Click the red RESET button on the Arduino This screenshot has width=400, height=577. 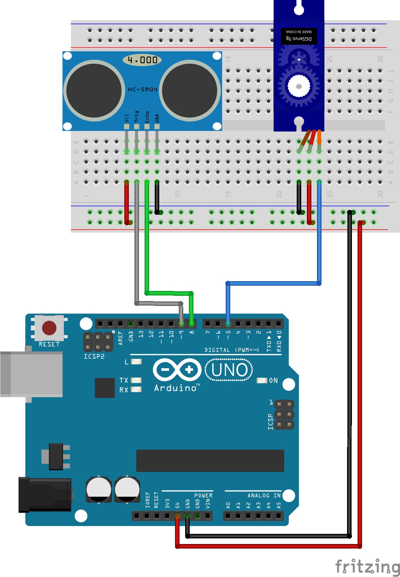click(x=49, y=328)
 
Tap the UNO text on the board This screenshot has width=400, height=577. click(x=229, y=370)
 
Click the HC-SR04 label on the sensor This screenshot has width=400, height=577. click(x=142, y=90)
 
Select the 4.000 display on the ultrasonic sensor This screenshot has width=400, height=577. click(x=142, y=60)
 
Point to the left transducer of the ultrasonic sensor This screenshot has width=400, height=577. click(x=94, y=90)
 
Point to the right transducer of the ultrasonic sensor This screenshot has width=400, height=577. click(x=190, y=90)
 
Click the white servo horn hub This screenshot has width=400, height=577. click(x=299, y=86)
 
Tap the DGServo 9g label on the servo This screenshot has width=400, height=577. click(x=299, y=39)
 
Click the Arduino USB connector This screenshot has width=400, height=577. click(x=32, y=374)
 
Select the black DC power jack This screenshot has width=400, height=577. click(x=45, y=495)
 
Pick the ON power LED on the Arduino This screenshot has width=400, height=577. click(x=261, y=381)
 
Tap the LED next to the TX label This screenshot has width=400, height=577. click(x=136, y=380)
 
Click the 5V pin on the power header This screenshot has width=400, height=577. click(x=177, y=516)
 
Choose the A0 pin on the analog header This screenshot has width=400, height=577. click(x=228, y=516)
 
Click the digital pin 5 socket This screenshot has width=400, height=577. click(x=228, y=323)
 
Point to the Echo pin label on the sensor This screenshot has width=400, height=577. click(x=147, y=117)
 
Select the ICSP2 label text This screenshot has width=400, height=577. click(x=94, y=357)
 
